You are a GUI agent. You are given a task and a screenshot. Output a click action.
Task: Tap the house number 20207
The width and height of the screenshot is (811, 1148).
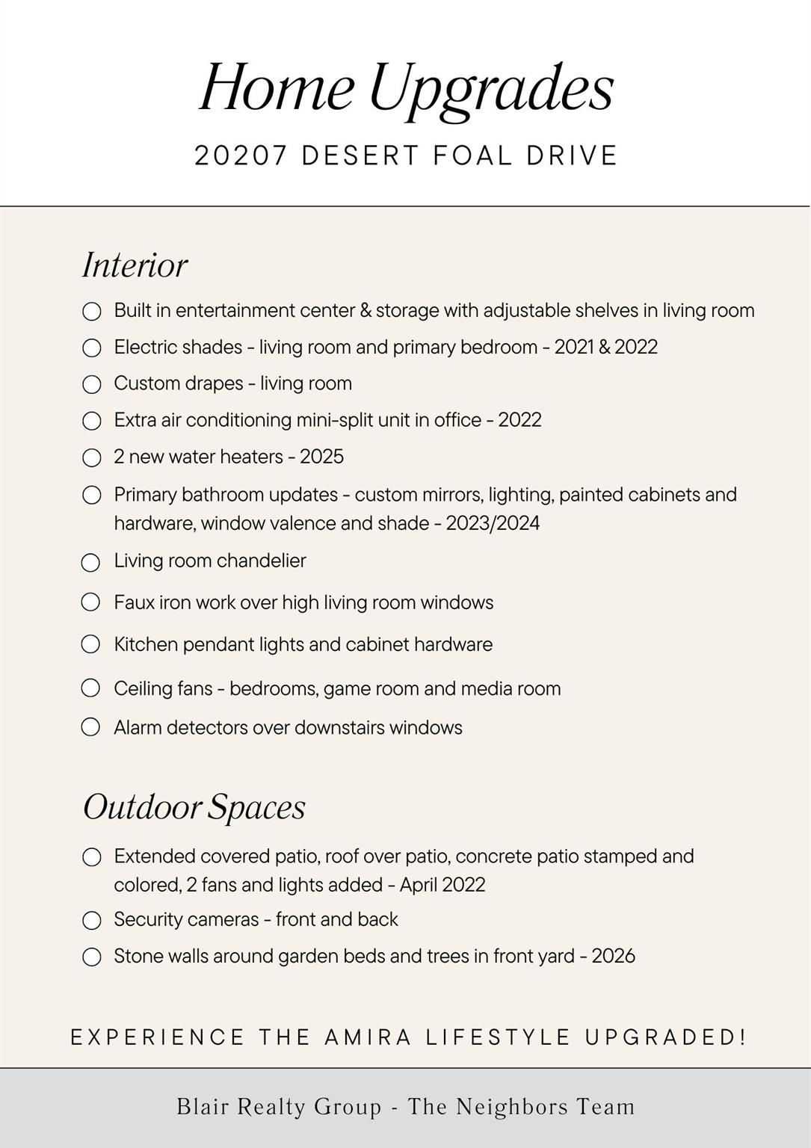241,155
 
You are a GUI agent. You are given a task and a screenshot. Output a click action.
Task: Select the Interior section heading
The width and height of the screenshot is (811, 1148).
135,265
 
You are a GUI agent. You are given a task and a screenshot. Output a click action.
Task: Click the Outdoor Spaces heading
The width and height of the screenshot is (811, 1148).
194,806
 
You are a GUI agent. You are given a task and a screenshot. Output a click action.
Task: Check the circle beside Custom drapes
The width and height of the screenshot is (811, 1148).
91,384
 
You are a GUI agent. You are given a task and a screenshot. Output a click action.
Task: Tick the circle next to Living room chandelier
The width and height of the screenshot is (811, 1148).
90,562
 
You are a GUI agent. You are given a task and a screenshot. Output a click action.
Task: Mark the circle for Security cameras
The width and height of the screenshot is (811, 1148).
91,920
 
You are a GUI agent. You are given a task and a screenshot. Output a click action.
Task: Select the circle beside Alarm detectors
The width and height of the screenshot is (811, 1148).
90,727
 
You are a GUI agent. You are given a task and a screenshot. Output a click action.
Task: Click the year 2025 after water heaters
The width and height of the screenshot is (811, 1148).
321,457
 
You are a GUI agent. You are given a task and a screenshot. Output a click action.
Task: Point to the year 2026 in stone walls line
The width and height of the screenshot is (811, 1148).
613,956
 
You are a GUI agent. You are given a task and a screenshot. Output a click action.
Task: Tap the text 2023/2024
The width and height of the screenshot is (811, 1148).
493,523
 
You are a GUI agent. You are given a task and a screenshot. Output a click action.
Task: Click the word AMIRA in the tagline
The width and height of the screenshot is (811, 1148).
369,1037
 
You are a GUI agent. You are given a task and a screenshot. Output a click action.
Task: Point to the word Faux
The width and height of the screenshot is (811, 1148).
135,602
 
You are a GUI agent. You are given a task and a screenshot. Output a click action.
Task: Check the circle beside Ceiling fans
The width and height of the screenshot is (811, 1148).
90,688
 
